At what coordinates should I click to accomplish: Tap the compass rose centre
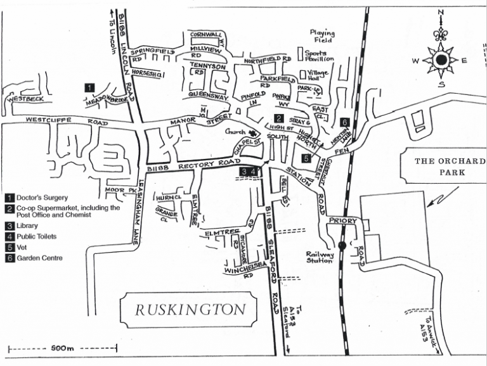(442, 61)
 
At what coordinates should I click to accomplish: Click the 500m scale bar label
(63, 348)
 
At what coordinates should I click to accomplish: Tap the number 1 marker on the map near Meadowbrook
(90, 87)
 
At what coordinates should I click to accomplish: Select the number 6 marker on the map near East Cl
(344, 122)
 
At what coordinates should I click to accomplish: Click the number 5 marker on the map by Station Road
(306, 159)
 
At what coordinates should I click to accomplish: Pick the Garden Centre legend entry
(38, 258)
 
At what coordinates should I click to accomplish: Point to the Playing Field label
(322, 36)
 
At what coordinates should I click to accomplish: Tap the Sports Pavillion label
(319, 56)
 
